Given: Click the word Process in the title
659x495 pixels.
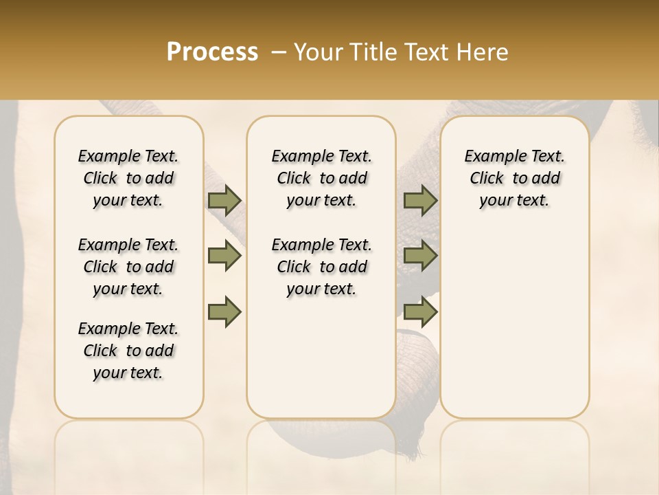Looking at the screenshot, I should click(x=212, y=52).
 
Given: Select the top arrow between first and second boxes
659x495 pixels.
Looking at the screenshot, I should click(x=224, y=201).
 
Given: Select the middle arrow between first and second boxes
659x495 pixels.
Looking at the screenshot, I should click(x=224, y=256).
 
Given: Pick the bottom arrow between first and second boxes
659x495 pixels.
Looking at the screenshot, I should click(x=224, y=311).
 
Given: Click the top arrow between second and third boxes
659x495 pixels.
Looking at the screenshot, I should click(x=420, y=201).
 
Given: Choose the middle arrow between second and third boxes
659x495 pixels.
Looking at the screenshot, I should click(x=420, y=256).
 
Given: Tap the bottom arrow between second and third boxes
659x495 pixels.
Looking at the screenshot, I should click(x=420, y=311).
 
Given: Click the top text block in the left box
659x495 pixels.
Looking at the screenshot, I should click(x=128, y=178).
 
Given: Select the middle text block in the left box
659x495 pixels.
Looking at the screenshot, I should click(x=128, y=267).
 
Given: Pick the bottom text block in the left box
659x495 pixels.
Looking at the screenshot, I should click(x=128, y=351).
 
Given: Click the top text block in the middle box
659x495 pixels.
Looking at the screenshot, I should click(x=321, y=178).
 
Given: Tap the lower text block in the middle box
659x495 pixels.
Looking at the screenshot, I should click(x=321, y=267).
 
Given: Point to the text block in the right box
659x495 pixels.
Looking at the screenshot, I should click(x=514, y=178).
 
